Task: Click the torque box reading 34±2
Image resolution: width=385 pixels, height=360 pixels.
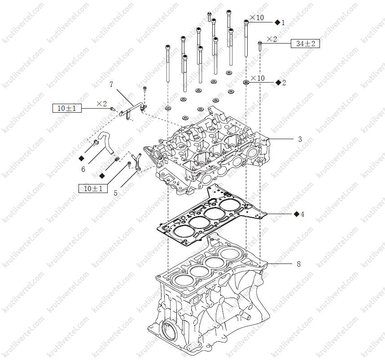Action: [x=305, y=44]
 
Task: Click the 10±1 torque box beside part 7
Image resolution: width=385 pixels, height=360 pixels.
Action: [x=67, y=108]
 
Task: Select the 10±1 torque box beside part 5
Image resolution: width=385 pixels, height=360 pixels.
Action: [x=93, y=189]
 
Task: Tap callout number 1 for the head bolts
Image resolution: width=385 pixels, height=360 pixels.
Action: [x=283, y=22]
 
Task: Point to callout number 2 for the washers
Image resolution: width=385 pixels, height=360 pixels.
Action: [x=284, y=83]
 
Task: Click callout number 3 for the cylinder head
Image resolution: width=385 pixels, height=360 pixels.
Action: [x=300, y=139]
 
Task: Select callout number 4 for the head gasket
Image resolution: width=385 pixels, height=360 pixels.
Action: [x=302, y=215]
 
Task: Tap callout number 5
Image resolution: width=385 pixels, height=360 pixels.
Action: [x=115, y=193]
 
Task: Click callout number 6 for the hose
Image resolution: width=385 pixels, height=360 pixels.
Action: [x=83, y=169]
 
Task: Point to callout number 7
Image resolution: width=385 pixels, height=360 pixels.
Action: [x=111, y=84]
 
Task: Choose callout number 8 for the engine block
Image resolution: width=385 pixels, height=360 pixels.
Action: [x=298, y=264]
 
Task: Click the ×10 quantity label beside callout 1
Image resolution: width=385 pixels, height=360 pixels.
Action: [x=257, y=18]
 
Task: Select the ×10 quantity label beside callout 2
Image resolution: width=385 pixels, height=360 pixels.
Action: [x=258, y=78]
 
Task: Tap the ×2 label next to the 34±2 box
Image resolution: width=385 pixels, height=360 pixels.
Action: [x=272, y=39]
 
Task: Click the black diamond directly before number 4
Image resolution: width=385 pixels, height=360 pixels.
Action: [x=297, y=214]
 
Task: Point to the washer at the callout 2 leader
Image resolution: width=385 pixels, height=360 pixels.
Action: [x=246, y=82]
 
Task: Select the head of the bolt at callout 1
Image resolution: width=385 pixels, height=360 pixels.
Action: [x=246, y=22]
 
